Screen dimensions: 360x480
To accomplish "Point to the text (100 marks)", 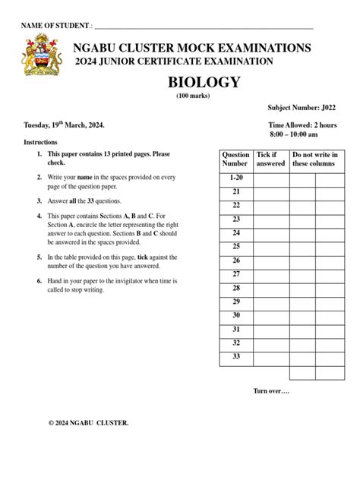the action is click(x=193, y=96).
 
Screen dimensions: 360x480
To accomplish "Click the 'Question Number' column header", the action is click(x=235, y=159).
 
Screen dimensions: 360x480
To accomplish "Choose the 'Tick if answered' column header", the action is click(x=270, y=159).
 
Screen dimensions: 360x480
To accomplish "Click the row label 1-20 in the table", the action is click(x=236, y=178).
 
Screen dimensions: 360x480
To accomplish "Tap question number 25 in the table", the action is click(x=236, y=246).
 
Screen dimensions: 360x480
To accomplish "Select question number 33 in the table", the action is click(x=236, y=356).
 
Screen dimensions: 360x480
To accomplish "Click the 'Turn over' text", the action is click(x=271, y=390).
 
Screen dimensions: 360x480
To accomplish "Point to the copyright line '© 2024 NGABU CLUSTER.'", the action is click(x=88, y=422).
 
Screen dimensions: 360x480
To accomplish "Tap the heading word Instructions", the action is click(x=40, y=142).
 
